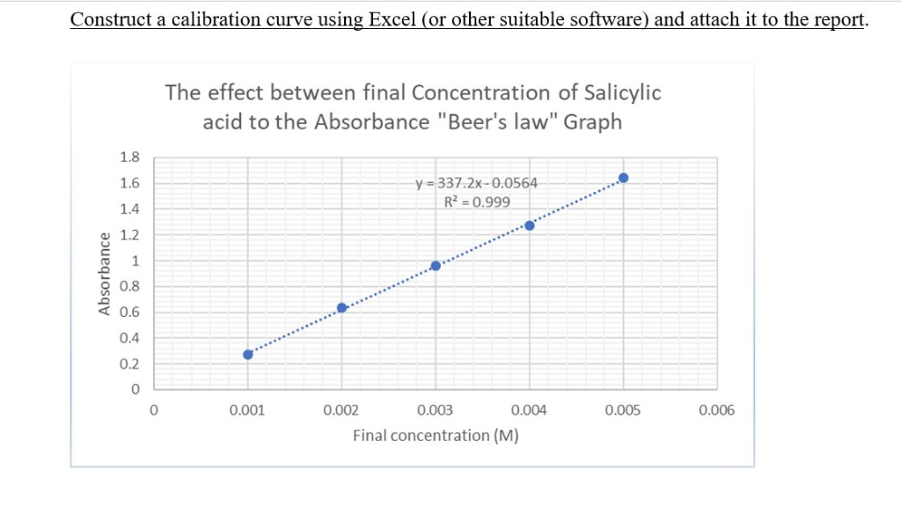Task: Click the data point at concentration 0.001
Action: tap(248, 354)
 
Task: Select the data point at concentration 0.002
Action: tap(342, 307)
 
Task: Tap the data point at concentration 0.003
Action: tap(436, 266)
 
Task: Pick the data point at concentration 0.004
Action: tap(530, 225)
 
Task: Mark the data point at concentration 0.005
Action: tap(624, 178)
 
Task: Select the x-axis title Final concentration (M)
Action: tap(435, 435)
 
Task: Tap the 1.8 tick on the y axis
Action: tap(128, 158)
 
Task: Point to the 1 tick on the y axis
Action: tap(135, 261)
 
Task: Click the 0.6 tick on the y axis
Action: tap(128, 313)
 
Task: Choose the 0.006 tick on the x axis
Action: tap(716, 410)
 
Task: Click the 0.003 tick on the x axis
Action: tap(435, 410)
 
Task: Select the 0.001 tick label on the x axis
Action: tap(247, 410)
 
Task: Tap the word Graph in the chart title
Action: tap(592, 121)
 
